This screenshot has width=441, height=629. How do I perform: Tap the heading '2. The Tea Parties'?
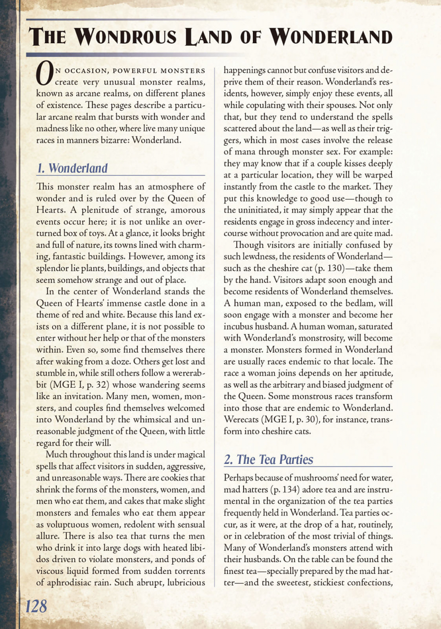click(x=268, y=459)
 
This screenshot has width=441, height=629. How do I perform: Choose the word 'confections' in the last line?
click(x=364, y=583)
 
